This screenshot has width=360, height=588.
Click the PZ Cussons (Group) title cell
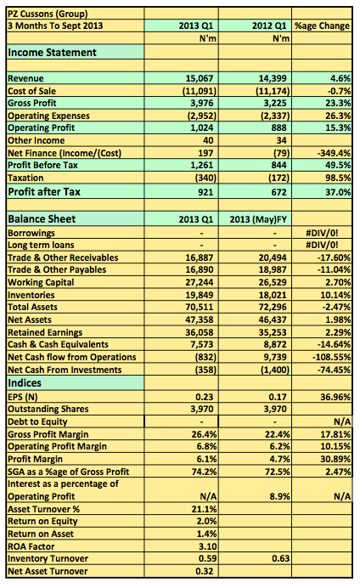[x=48, y=14]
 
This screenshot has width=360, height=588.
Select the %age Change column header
[x=322, y=25]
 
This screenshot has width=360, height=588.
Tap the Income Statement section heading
[x=52, y=52]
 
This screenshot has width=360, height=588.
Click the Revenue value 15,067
[x=200, y=78]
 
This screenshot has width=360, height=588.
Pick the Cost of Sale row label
[x=32, y=91]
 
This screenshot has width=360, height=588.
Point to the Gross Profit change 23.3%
[x=338, y=103]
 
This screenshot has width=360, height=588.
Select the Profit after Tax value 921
[x=205, y=192]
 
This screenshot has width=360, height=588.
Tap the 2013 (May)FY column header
[x=258, y=219]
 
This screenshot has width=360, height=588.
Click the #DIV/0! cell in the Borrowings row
[x=322, y=233]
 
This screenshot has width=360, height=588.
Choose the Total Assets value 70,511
[x=200, y=307]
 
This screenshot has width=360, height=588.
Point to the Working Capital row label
[x=41, y=282]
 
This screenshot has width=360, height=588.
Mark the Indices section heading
[x=25, y=383]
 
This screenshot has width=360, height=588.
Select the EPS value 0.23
[x=204, y=397]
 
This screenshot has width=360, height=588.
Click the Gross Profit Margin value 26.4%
[x=204, y=434]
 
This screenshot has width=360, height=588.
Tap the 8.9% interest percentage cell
[x=279, y=496]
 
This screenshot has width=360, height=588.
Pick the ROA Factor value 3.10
[x=207, y=546]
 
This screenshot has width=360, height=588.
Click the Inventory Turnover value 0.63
[x=280, y=559]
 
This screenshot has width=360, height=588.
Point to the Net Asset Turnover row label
[x=48, y=572]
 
